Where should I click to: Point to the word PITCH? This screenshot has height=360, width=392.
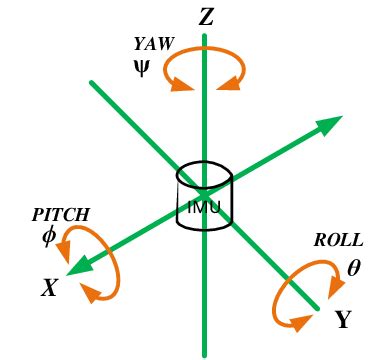click(61, 214)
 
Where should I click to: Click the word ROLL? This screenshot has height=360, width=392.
click(338, 241)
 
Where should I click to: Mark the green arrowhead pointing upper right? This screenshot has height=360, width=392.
click(329, 125)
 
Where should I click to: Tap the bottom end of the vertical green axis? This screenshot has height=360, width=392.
click(204, 352)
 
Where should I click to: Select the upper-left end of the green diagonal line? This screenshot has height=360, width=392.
click(92, 83)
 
